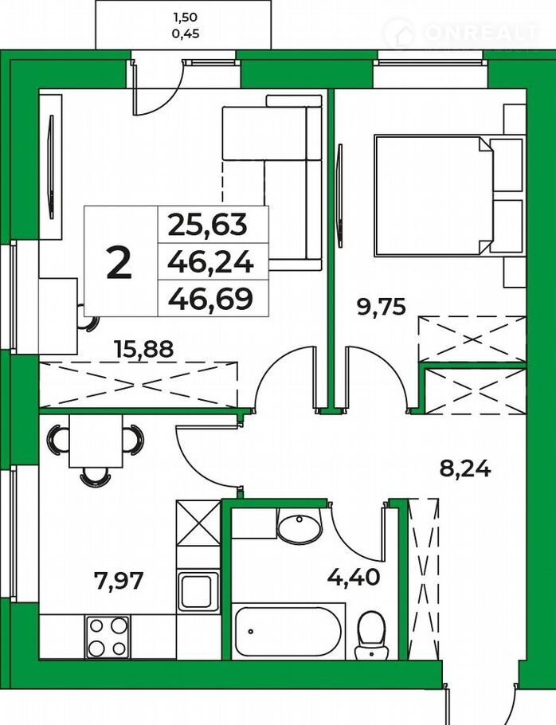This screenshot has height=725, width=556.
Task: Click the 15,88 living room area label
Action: point(144,348)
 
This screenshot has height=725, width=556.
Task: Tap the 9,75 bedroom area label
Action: point(382,306)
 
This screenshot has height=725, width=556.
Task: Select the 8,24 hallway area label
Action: point(464,470)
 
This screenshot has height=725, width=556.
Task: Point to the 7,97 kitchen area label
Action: point(118,580)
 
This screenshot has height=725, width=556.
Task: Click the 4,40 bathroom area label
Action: point(354,577)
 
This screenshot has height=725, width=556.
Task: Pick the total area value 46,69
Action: point(211,299)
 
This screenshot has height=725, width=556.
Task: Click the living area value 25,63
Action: point(208,225)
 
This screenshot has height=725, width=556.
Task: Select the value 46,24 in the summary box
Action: point(211,263)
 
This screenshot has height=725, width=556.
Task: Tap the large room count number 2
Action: point(119,262)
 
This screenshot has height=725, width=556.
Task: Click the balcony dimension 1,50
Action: point(185,18)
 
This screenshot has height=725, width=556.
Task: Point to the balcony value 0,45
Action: point(185,33)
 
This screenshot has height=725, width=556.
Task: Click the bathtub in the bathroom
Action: point(288,631)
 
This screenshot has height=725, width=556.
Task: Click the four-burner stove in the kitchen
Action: point(107,637)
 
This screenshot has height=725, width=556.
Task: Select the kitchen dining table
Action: point(96,441)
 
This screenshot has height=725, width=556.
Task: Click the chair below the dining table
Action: point(96,476)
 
